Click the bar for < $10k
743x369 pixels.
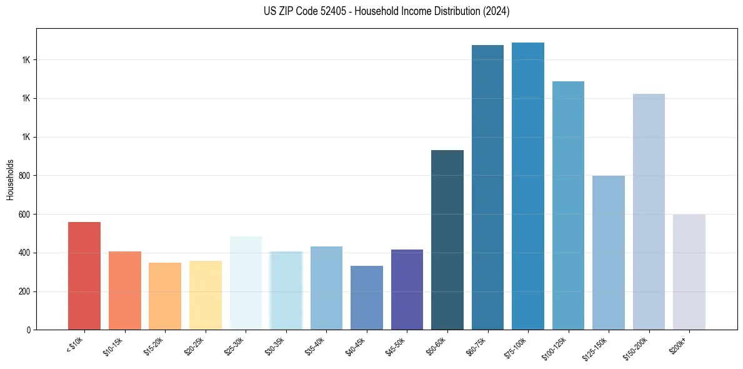point(84,276)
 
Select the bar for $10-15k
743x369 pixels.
point(124,290)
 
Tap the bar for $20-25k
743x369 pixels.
point(205,295)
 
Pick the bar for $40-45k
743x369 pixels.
point(366,298)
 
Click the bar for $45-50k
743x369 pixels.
point(407,290)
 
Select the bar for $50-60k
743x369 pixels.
point(447,240)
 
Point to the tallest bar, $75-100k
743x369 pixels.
point(528,186)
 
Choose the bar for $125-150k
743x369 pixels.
point(609,253)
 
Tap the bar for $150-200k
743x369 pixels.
point(649,211)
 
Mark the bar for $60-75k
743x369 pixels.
point(487,187)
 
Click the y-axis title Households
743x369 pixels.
point(11,179)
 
